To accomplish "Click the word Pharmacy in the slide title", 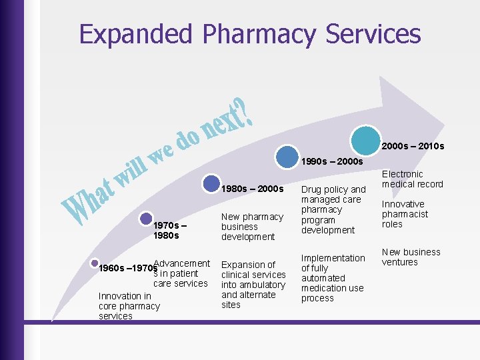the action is [248, 34].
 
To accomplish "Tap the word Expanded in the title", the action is [134, 34].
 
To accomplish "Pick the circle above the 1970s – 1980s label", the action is [147, 218].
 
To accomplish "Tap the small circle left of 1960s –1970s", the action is [95, 264].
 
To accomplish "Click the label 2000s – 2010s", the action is [413, 146].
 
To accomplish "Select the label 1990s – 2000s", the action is [332, 162].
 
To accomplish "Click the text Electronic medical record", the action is [412, 179].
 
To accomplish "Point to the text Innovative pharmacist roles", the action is [405, 214].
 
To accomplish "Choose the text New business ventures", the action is [411, 257].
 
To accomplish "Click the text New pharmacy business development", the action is [252, 227].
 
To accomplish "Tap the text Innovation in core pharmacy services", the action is [129, 306].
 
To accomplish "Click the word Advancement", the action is [181, 264].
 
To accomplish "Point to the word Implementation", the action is [333, 258].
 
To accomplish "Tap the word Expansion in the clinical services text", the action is [244, 265].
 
